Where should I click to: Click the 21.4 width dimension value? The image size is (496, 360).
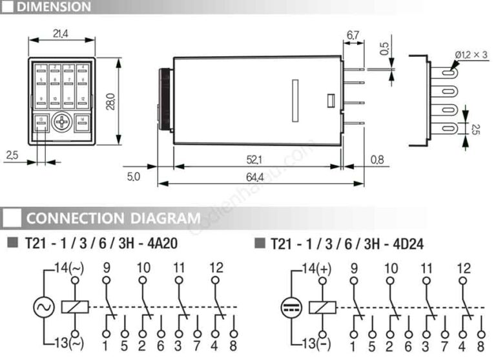tap(61, 32)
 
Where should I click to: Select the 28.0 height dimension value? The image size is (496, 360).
tap(110, 101)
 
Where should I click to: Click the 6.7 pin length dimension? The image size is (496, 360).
tap(353, 34)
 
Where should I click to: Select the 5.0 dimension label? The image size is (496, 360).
tap(132, 176)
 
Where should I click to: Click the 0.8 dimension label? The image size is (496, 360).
tap(378, 159)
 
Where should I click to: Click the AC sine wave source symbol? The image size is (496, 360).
tap(44, 306)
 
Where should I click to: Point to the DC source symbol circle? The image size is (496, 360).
tap(291, 306)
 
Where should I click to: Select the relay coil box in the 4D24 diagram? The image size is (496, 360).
tap(322, 306)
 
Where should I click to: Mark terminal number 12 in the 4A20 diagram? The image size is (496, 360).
tap(216, 268)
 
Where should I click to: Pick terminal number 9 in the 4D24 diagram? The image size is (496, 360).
tap(354, 268)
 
